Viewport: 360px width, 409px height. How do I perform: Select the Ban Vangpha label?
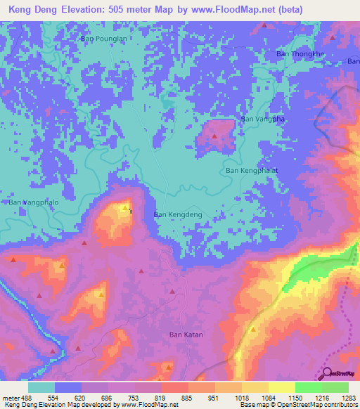[263, 119]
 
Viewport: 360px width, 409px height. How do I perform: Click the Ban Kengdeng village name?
[178, 214]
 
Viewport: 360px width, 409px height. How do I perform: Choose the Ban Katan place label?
[186, 335]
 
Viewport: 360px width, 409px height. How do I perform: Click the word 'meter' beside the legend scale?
[11, 397]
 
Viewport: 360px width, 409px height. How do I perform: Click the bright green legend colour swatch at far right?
[335, 387]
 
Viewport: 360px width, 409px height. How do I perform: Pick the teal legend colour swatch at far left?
[41, 387]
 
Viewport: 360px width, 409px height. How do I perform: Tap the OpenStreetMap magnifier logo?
[328, 375]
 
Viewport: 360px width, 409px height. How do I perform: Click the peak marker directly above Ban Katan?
[172, 291]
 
